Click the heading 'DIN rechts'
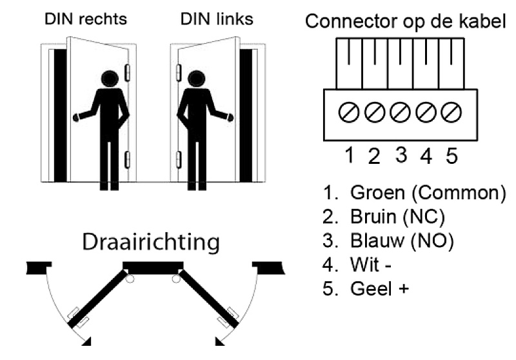[x=86, y=19]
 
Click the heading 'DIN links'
[x=217, y=19]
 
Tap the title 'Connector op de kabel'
[x=406, y=21]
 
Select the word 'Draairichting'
[x=150, y=243]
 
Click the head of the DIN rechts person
[x=110, y=79]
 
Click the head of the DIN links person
[x=195, y=79]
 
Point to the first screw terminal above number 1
[x=350, y=113]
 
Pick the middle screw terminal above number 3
[x=401, y=113]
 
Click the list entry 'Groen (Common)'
[x=413, y=192]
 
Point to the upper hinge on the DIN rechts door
[x=127, y=72]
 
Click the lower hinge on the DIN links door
[x=179, y=159]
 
